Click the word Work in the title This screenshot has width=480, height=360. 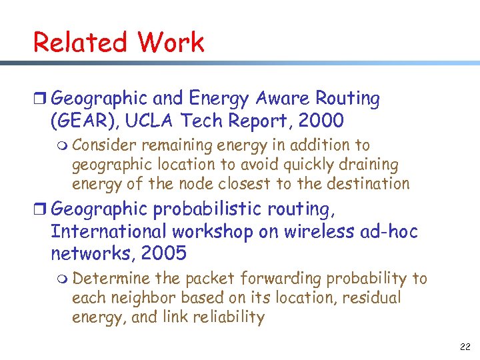[x=171, y=42]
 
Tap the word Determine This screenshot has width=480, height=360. [x=106, y=278]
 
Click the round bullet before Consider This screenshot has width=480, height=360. [x=63, y=145]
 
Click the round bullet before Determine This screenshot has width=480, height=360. [x=63, y=279]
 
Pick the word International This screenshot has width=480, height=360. [x=109, y=231]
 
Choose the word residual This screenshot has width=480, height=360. [x=373, y=297]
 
